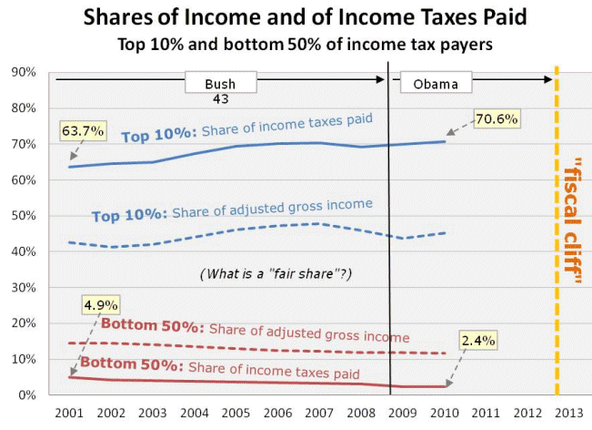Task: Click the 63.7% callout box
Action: coord(77,131)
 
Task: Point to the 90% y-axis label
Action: coord(23,73)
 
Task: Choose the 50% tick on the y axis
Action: coord(23,216)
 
